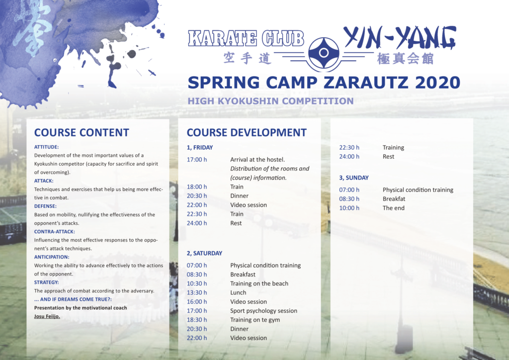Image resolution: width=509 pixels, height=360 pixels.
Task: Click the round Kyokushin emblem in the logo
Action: [x=323, y=53]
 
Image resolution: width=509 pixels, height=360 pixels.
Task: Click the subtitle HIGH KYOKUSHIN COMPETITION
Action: [x=271, y=101]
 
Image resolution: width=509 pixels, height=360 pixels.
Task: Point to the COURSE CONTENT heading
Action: [x=82, y=132]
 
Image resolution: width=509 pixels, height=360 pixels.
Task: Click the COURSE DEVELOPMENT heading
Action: [x=247, y=132]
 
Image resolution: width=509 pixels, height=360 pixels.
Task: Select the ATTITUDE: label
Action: [x=46, y=147]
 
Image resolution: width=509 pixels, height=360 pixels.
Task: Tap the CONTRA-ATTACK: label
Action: [x=55, y=232]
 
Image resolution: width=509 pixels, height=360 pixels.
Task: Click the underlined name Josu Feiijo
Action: [x=47, y=316]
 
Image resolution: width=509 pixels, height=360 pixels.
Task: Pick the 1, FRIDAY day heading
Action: [x=200, y=147]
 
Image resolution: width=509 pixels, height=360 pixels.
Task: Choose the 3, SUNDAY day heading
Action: [x=354, y=178]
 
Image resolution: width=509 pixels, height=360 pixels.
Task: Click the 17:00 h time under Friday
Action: [x=197, y=160]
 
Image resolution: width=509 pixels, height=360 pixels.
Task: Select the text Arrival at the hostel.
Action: [x=257, y=160]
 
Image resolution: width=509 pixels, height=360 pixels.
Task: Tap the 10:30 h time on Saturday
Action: [x=197, y=284]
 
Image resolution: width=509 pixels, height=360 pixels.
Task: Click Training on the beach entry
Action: [x=259, y=284]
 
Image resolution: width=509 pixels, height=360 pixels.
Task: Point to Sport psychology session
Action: [x=263, y=311]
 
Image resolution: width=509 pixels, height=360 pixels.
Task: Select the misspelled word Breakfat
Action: [x=394, y=199]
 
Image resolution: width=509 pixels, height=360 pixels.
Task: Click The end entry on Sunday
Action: [x=394, y=208]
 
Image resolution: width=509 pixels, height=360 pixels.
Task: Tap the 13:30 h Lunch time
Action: [x=197, y=293]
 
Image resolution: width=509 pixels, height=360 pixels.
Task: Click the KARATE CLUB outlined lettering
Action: [x=246, y=38]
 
